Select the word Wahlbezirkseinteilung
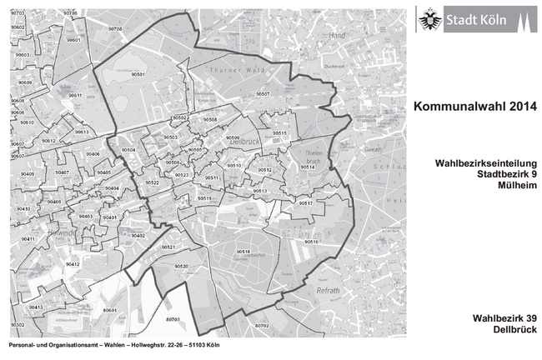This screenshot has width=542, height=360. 483,163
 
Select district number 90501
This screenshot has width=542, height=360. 138,75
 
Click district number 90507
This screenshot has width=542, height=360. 263,94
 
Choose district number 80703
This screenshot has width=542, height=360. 173,319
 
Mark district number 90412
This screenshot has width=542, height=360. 73,263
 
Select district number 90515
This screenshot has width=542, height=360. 279,133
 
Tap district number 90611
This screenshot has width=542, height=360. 75,96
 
